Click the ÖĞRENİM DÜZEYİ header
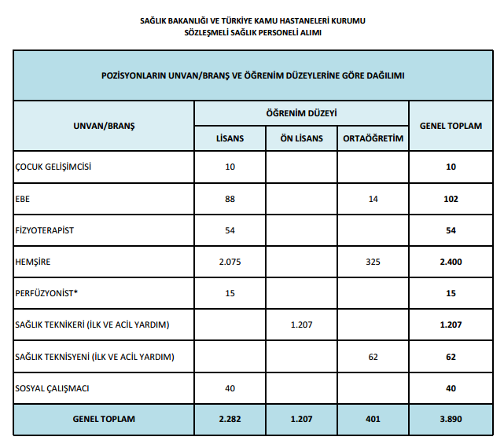point(301,114)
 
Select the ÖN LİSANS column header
point(301,139)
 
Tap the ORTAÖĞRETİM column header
point(373,139)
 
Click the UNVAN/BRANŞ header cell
point(104,126)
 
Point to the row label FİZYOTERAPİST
point(45,230)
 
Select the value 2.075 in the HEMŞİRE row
point(230,262)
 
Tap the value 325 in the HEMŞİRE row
point(373,262)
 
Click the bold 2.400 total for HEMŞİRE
point(451,262)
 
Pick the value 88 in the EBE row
point(230,199)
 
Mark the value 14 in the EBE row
point(373,199)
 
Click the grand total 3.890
point(451,419)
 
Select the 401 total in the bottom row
point(373,419)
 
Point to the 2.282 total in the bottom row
point(230,419)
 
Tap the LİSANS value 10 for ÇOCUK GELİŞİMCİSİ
point(230,167)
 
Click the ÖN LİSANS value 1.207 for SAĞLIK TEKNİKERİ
point(301,325)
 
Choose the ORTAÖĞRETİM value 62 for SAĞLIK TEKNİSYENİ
point(373,356)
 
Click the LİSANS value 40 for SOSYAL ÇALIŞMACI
point(230,387)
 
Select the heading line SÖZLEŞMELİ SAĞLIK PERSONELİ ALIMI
point(252,34)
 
